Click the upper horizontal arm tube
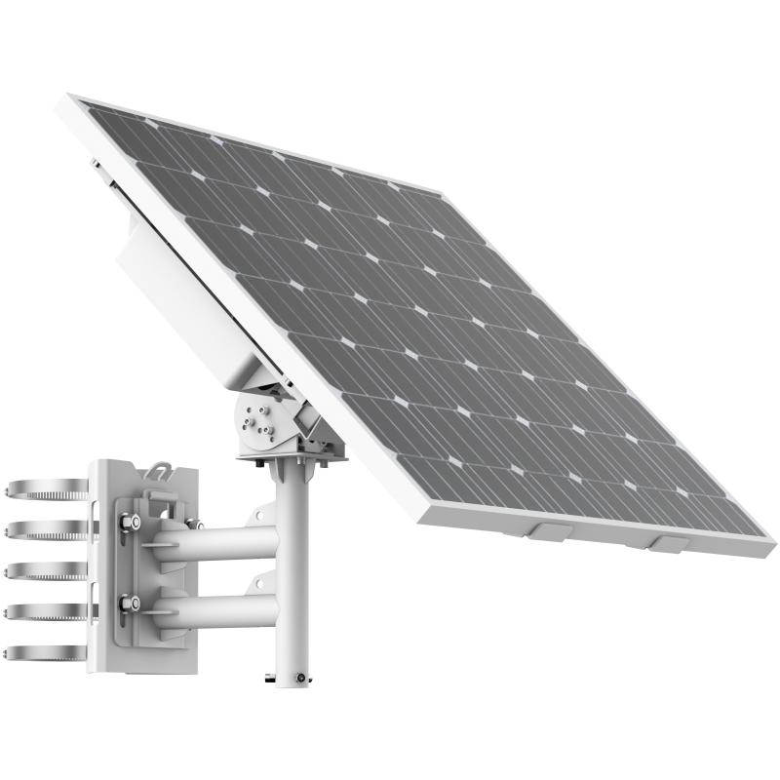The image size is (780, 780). [x=224, y=542]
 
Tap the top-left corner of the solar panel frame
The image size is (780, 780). [x=74, y=98]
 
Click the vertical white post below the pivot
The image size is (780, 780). [x=292, y=575]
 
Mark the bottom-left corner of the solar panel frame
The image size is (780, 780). [x=426, y=512]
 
